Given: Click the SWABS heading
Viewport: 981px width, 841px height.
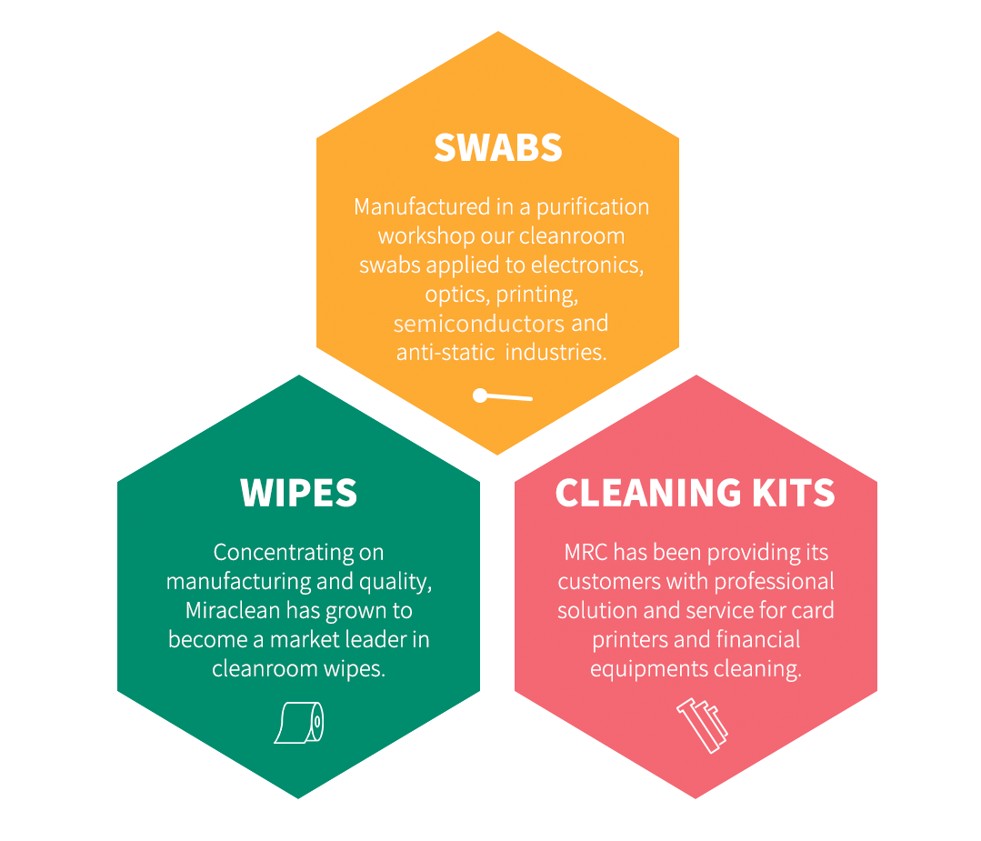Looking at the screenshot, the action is click(x=498, y=147).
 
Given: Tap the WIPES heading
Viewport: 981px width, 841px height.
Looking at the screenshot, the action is click(x=298, y=493).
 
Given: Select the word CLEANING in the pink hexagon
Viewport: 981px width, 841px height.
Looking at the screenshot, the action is click(x=648, y=493).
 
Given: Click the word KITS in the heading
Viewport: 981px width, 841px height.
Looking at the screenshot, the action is click(x=794, y=493).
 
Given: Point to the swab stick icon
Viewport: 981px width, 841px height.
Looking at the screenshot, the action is click(x=503, y=395).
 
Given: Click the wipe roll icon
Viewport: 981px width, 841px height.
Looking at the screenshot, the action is click(x=299, y=723).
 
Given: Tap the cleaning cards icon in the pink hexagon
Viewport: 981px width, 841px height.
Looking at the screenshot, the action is click(x=702, y=726).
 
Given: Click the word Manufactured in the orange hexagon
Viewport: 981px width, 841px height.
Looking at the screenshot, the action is click(x=422, y=206).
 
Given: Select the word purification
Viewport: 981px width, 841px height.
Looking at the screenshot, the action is click(x=593, y=207).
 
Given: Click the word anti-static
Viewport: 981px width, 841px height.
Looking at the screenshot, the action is click(x=445, y=352).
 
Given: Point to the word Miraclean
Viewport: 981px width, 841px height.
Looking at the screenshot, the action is click(x=233, y=610).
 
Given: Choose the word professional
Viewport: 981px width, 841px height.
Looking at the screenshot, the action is click(x=774, y=582).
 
